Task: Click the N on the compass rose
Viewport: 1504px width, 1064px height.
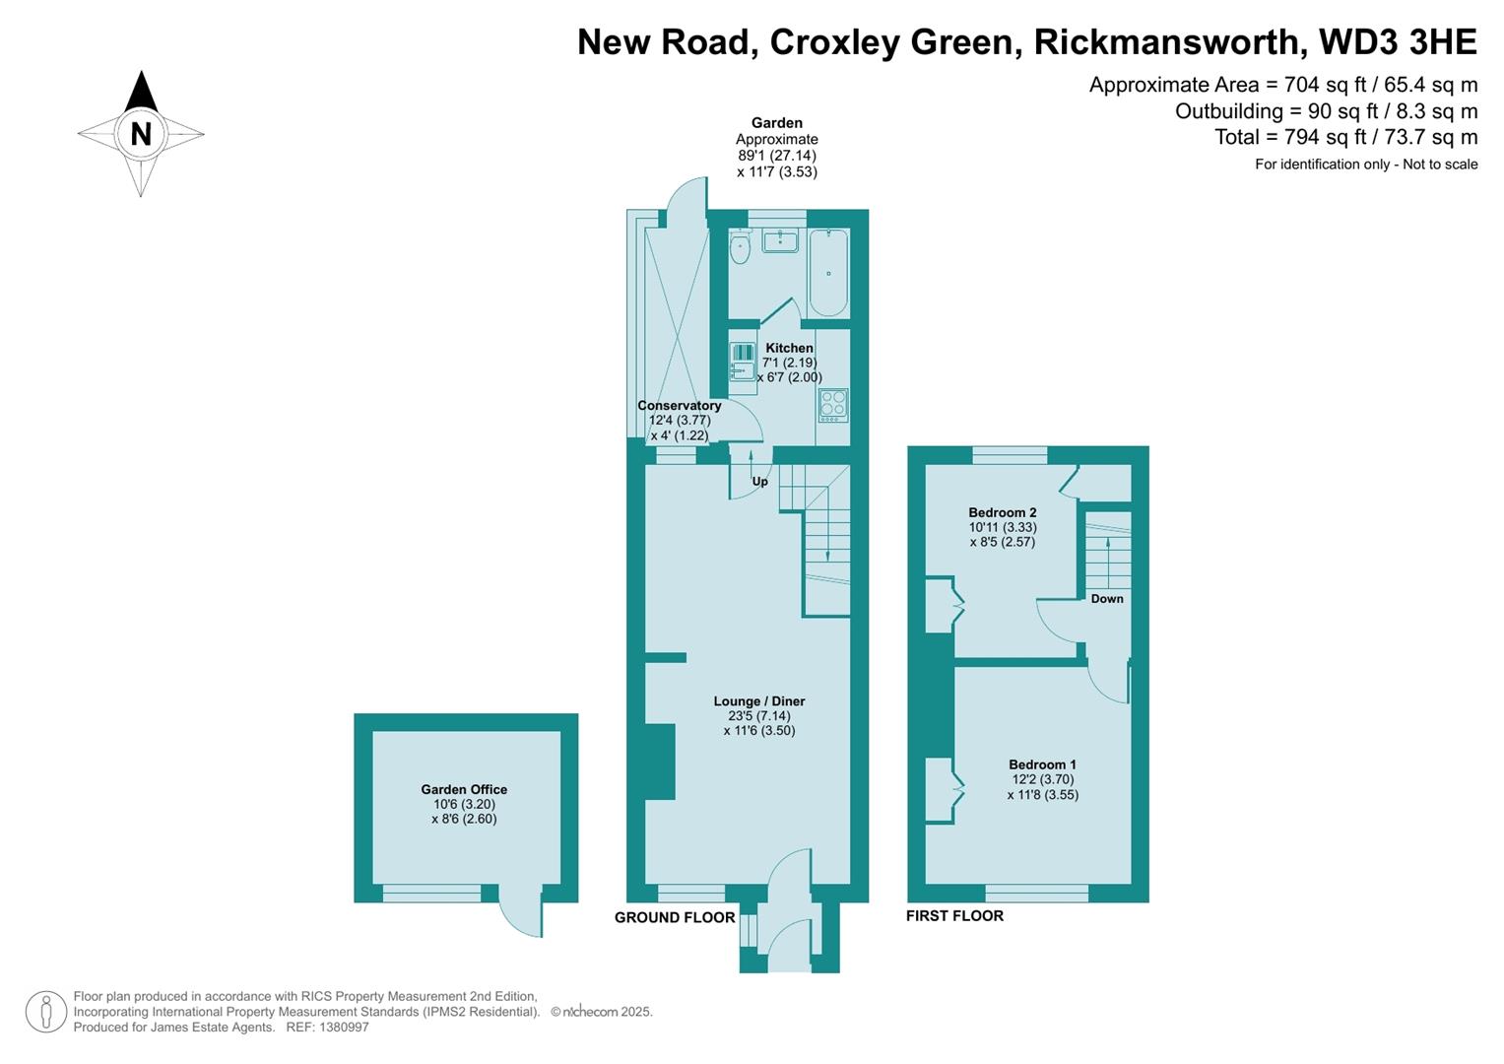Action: (x=141, y=133)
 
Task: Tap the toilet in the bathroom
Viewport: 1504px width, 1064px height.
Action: (x=740, y=249)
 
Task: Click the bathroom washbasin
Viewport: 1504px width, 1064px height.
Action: (x=780, y=239)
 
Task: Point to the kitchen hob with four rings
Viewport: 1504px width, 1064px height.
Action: (x=833, y=405)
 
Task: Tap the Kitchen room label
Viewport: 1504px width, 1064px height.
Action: (x=789, y=348)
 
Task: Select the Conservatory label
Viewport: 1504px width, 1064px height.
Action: (x=679, y=406)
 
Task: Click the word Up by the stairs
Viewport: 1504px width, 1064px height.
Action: (x=760, y=482)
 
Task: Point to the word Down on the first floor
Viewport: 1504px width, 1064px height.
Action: (x=1107, y=599)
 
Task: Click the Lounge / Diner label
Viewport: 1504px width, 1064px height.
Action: (x=759, y=701)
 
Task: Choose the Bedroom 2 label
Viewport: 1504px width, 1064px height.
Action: (x=1002, y=512)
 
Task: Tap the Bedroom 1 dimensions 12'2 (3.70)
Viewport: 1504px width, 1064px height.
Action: (x=1042, y=779)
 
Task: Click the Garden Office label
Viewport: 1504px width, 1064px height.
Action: (x=464, y=789)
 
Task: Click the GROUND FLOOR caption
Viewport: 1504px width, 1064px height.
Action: (x=675, y=917)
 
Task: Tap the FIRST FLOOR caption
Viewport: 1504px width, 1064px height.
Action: (x=954, y=915)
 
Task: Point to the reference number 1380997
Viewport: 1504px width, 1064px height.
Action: (x=340, y=1027)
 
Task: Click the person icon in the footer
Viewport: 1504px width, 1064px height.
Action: (x=45, y=1012)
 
